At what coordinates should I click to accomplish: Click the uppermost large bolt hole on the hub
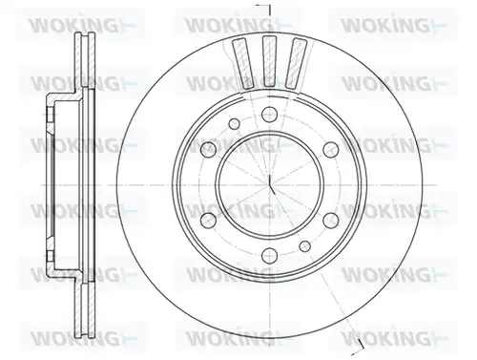click(269, 114)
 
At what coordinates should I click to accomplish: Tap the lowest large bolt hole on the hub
click(269, 255)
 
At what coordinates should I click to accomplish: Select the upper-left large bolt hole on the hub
click(209, 149)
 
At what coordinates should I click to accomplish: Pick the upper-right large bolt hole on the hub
click(330, 149)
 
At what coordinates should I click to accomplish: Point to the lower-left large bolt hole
click(209, 220)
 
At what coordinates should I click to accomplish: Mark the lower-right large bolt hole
click(330, 220)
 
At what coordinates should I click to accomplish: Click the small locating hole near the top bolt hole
click(235, 123)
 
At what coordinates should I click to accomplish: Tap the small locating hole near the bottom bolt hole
click(305, 245)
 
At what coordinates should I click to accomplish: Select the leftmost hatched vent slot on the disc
click(243, 63)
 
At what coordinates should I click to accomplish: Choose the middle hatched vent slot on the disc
click(269, 61)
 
